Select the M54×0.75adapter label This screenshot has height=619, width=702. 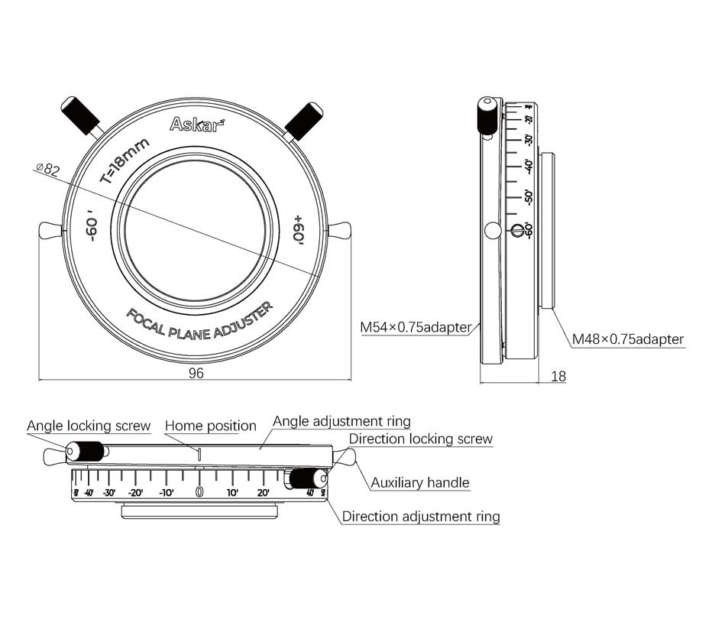click(x=416, y=327)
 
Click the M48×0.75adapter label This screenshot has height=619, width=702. click(x=629, y=339)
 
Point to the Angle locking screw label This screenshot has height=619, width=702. click(x=89, y=426)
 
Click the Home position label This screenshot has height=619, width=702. click(x=211, y=426)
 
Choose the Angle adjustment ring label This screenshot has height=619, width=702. click(x=341, y=421)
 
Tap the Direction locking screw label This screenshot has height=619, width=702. click(x=420, y=439)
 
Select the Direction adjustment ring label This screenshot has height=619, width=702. click(x=420, y=517)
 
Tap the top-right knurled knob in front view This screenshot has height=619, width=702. click(x=304, y=119)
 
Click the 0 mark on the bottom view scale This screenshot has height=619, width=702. click(x=199, y=492)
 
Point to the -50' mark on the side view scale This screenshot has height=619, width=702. click(x=529, y=196)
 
